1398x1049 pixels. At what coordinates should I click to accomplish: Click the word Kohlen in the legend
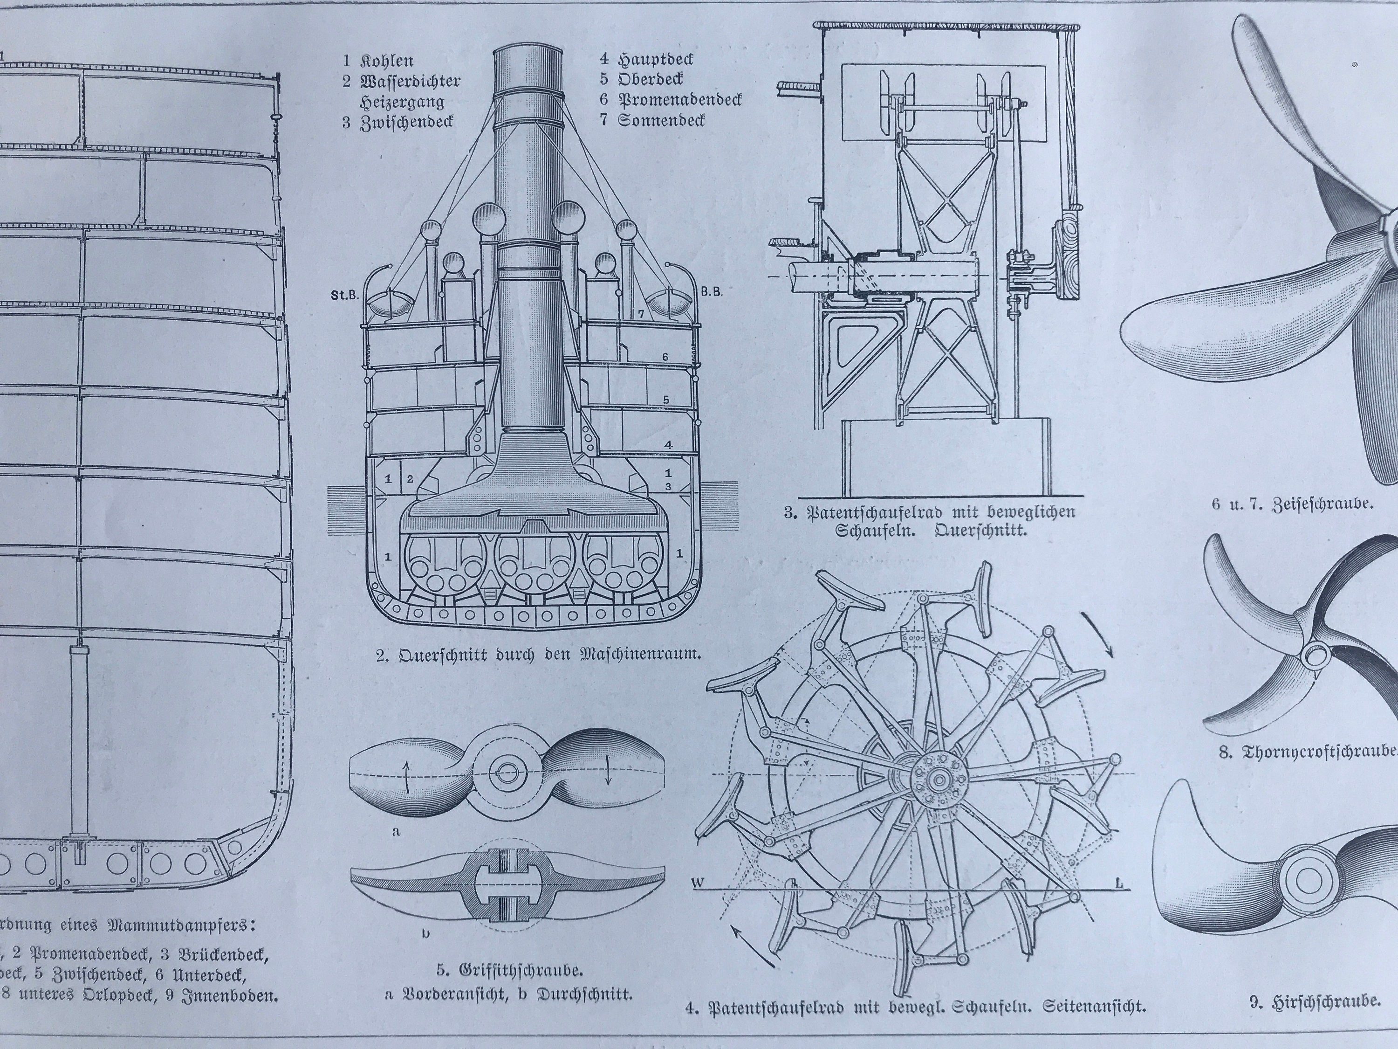point(387,62)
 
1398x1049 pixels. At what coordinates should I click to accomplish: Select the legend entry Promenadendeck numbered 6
point(679,100)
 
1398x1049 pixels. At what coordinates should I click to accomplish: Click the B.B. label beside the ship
point(712,292)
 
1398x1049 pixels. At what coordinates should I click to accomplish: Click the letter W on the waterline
point(698,883)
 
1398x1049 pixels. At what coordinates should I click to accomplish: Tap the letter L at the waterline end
point(1119,883)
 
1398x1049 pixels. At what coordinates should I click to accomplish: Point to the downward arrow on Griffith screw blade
point(608,772)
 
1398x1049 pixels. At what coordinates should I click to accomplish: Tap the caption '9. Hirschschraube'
point(1311,1019)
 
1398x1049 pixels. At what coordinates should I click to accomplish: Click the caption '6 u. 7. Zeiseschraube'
point(1293,504)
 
